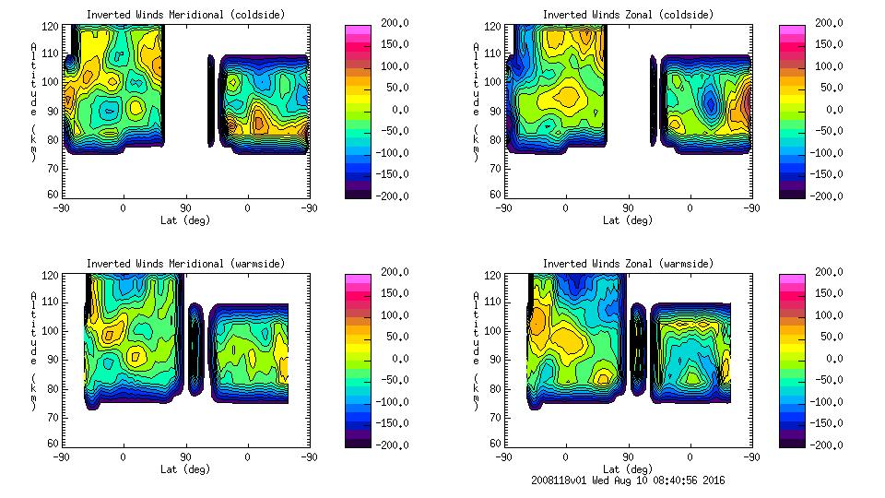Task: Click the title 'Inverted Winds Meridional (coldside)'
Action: coord(185,15)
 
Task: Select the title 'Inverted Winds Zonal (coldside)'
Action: coord(628,15)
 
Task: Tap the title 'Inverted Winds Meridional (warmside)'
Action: coord(185,264)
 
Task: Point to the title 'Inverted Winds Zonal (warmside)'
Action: coord(628,264)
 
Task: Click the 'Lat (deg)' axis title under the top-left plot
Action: coord(185,220)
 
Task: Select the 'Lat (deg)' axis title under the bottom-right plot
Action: coord(628,469)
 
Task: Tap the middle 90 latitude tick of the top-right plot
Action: coord(628,208)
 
